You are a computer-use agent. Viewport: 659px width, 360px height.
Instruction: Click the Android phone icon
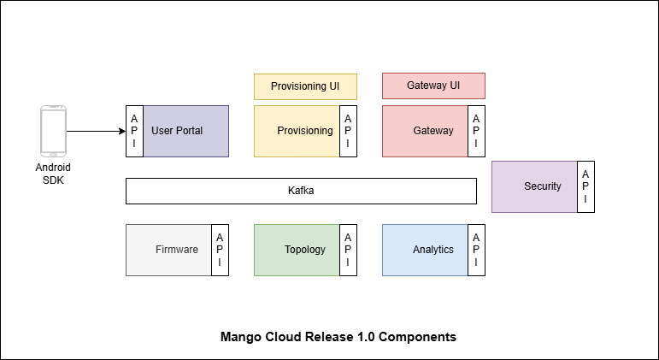point(53,131)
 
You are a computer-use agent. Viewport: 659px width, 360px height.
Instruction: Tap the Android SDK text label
point(53,174)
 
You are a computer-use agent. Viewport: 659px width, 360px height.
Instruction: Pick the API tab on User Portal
point(134,131)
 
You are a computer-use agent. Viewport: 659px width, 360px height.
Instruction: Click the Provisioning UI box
point(305,86)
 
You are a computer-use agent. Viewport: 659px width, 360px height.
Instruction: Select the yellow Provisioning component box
point(297,131)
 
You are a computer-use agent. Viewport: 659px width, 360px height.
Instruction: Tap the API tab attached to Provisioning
point(348,131)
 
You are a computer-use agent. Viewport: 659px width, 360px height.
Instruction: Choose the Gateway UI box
point(433,86)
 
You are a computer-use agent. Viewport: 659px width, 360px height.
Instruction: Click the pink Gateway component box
point(425,131)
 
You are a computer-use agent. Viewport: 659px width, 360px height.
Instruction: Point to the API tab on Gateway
point(476,131)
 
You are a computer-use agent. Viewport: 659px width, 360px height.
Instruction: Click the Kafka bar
point(301,191)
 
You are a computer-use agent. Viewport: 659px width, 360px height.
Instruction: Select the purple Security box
point(534,186)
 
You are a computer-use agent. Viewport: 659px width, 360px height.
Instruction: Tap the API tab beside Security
point(585,186)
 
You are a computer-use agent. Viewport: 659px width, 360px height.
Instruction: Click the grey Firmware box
point(168,250)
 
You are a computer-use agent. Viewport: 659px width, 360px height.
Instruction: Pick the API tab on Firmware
point(220,250)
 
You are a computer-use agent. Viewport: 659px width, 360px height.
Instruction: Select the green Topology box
point(297,250)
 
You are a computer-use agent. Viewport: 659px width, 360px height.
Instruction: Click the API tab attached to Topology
point(348,250)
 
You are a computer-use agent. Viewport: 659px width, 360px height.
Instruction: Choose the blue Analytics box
point(425,250)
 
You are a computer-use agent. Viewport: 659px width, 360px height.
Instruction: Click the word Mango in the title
point(240,337)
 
